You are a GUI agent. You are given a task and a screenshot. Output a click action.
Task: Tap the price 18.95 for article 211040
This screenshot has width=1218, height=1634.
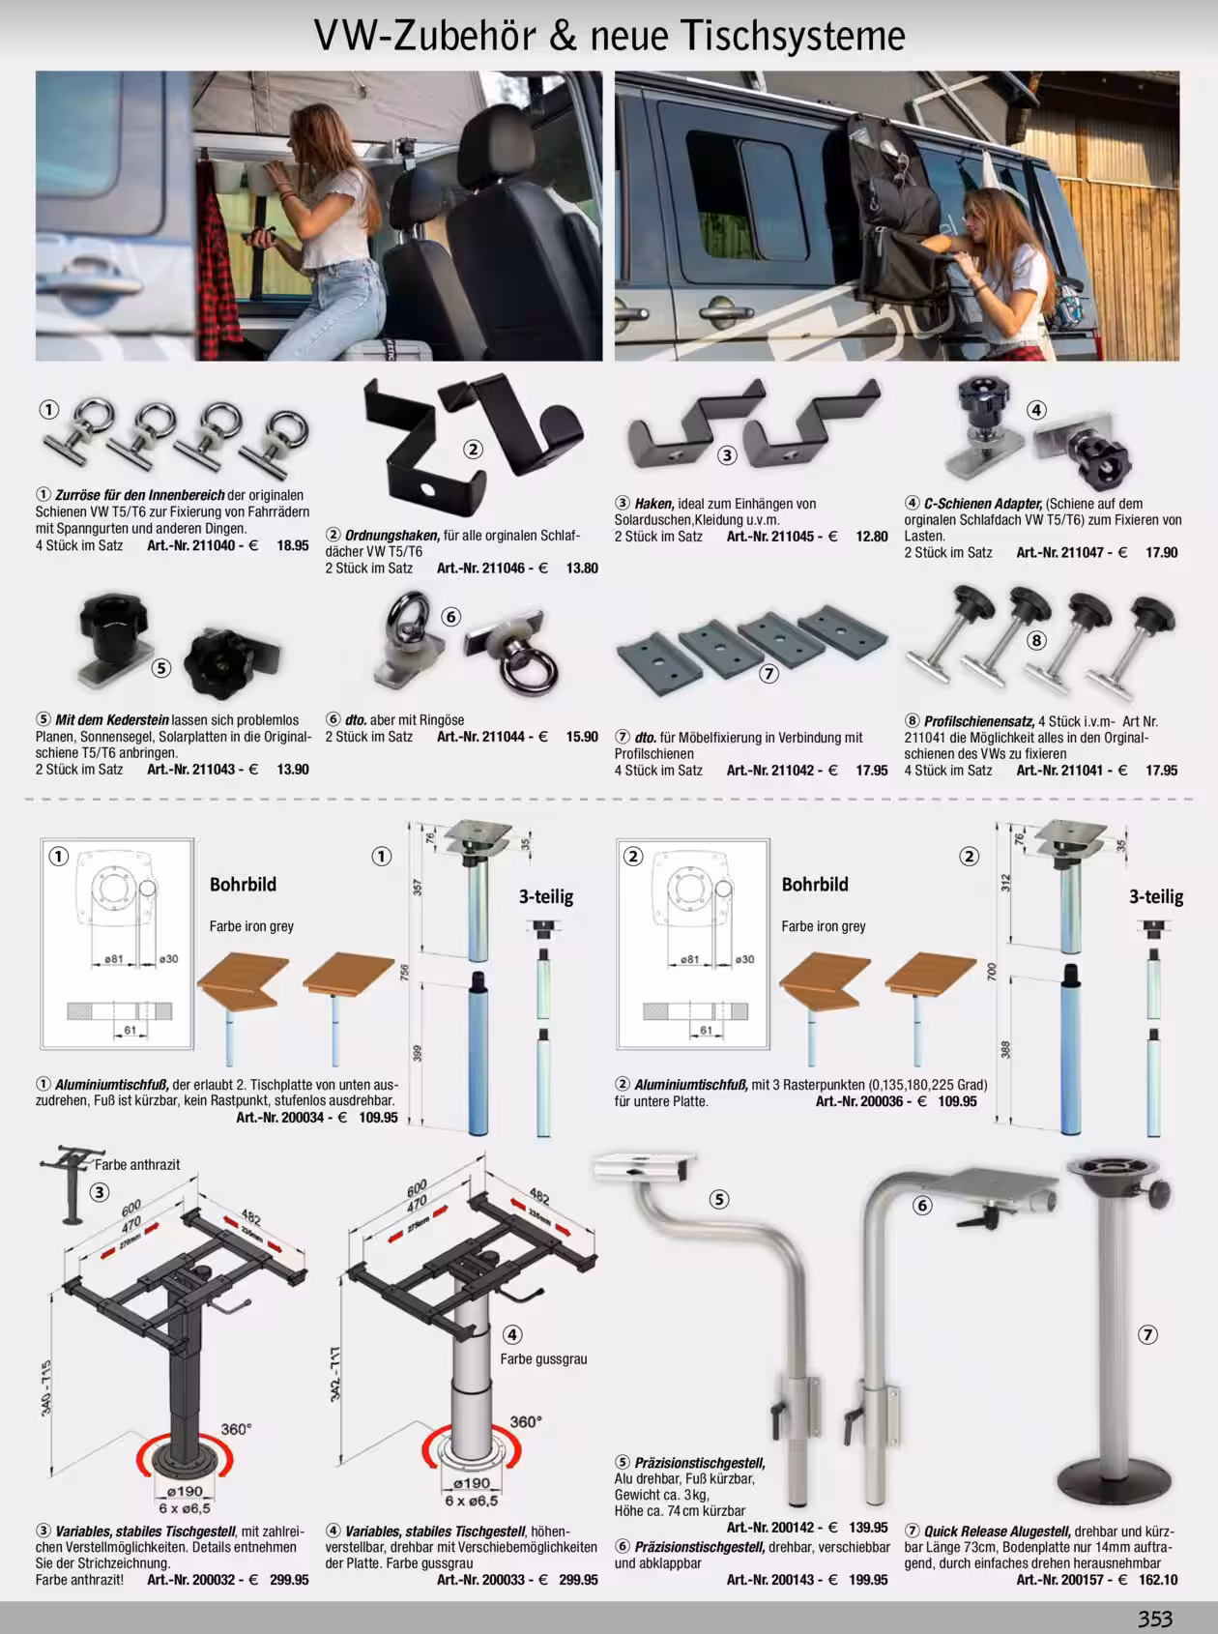pyautogui.click(x=293, y=545)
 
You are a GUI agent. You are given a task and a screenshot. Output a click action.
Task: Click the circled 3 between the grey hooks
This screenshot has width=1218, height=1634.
pyautogui.click(x=727, y=454)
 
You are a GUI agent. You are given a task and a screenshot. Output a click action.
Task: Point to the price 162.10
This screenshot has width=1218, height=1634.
pyautogui.click(x=1158, y=1580)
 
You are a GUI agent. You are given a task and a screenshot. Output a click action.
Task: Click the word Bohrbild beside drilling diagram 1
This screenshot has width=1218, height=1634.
pyautogui.click(x=243, y=885)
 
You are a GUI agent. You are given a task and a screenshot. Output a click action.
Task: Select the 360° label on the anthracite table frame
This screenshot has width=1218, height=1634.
pyautogui.click(x=236, y=1429)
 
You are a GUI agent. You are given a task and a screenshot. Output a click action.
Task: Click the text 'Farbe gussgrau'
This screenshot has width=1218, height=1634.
pyautogui.click(x=543, y=1358)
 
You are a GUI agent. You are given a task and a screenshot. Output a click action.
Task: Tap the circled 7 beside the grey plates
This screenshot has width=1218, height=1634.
pyautogui.click(x=768, y=674)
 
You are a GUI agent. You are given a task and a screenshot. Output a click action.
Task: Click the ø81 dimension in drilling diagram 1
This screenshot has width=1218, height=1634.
pyautogui.click(x=114, y=959)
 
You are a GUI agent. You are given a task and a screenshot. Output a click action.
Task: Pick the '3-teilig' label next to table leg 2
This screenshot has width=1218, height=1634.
pyautogui.click(x=1156, y=897)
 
